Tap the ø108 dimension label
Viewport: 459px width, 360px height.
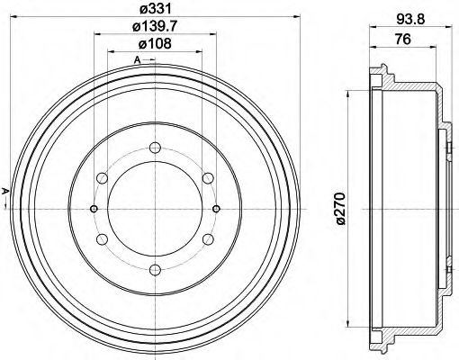click(x=156, y=47)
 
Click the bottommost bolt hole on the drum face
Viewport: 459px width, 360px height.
click(x=156, y=267)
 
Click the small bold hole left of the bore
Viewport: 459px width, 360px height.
click(x=94, y=208)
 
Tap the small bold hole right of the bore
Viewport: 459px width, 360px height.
click(x=218, y=208)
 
